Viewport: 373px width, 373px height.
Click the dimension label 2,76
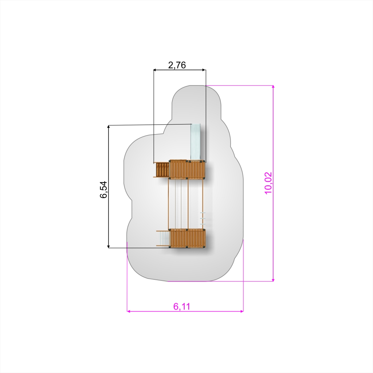[177, 65]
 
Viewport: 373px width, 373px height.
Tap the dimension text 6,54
[103, 189]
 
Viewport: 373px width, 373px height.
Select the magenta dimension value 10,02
[268, 183]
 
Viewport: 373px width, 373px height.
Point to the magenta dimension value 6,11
[182, 306]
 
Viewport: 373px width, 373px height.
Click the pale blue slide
[195, 142]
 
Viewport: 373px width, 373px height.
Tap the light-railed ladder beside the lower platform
[163, 238]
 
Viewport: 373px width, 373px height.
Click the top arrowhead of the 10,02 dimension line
[273, 87]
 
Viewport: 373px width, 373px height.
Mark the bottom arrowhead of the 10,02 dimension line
[273, 279]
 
